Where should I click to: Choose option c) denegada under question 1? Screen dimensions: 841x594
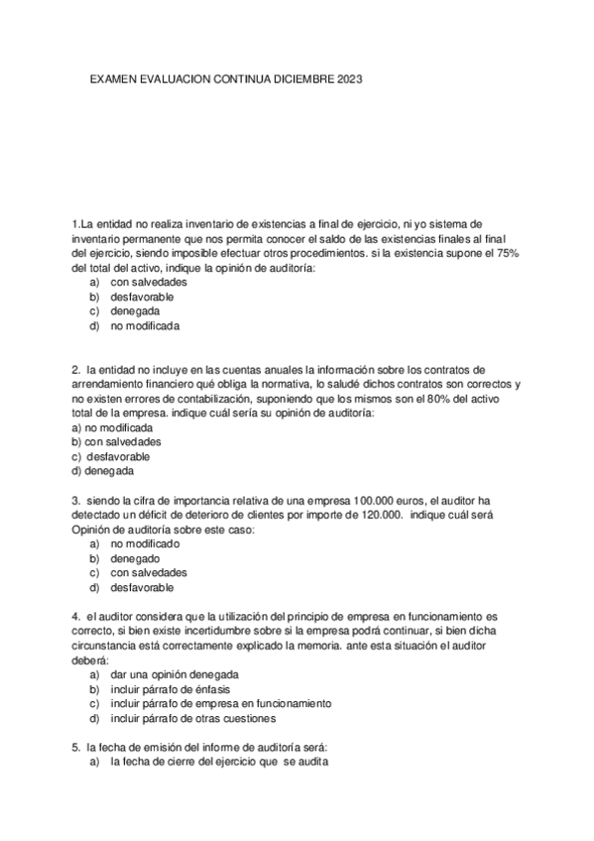coord(135,310)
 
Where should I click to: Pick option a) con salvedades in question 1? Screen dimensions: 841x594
coord(148,282)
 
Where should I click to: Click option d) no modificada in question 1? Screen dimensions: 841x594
coord(145,325)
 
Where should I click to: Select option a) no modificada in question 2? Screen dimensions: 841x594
coord(112,426)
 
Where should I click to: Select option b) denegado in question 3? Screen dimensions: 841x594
coord(135,558)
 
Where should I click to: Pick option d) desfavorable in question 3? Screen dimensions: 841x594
coord(142,587)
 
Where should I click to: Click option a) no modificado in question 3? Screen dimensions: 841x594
coord(145,543)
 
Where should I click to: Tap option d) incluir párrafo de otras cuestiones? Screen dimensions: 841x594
coord(193,718)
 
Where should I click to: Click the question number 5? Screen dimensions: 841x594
coord(75,747)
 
